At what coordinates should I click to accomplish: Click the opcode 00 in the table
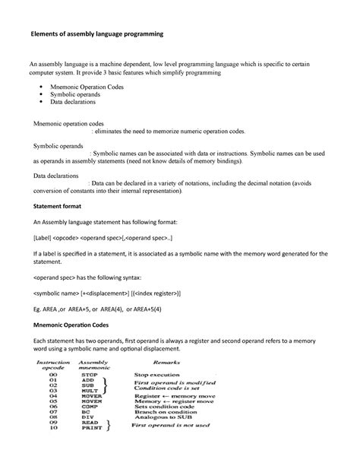click(52, 375)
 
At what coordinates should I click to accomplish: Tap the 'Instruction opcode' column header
click(53, 366)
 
